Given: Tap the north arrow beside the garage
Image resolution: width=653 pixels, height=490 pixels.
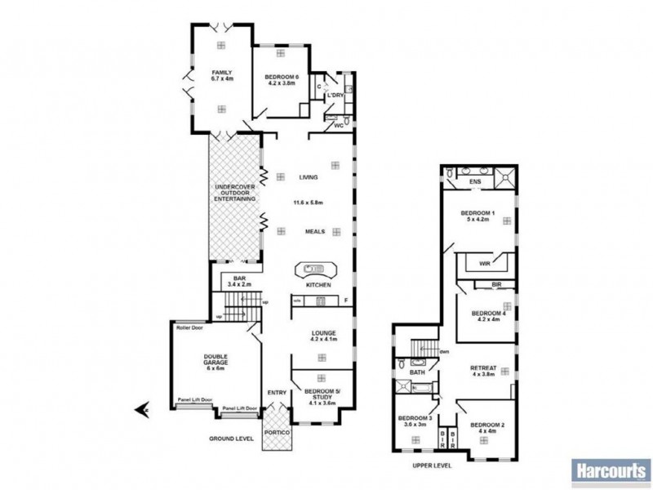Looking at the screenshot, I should point(141,408).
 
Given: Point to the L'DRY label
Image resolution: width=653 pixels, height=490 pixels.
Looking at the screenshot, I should point(335,96).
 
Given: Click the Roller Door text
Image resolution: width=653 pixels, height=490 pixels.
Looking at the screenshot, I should point(188,326).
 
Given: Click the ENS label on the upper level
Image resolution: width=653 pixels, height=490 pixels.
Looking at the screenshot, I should point(476,180).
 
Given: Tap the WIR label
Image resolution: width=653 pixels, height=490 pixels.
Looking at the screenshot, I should point(484,264).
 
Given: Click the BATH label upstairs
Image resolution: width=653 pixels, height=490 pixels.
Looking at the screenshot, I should point(417,372).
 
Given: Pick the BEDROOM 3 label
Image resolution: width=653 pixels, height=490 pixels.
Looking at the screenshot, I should point(413,421).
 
